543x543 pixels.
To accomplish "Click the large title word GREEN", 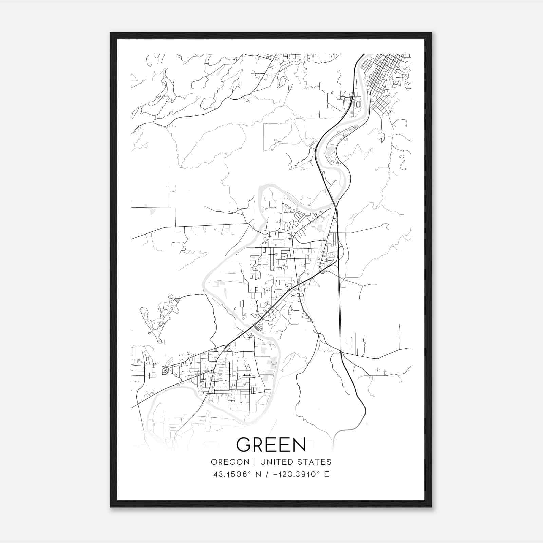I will click(x=271, y=444).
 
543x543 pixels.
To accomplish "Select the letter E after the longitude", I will click(x=326, y=474).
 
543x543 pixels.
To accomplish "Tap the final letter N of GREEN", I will click(x=299, y=444).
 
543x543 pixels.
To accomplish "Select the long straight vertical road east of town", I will click(x=339, y=305).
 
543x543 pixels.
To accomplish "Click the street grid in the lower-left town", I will click(x=227, y=377).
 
